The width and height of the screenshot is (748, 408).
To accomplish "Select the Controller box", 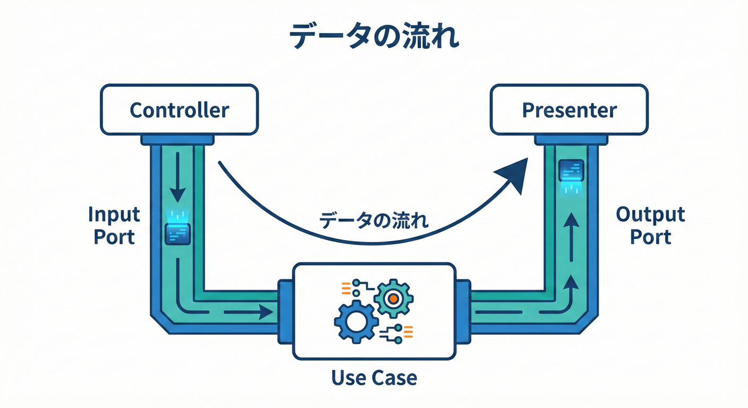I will [x=179, y=110].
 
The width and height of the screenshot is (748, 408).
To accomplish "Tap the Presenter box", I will [x=569, y=110].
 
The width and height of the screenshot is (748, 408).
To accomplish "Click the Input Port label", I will [x=114, y=226].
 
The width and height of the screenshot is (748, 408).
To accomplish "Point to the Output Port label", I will [x=650, y=226].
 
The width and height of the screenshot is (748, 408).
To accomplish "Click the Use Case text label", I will [x=374, y=378].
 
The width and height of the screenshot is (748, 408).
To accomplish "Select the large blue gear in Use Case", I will [x=356, y=320].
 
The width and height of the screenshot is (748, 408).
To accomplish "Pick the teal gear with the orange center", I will [x=393, y=299].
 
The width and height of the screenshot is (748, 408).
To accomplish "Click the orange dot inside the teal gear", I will [x=393, y=299].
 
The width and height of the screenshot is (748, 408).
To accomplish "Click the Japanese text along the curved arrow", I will [x=374, y=220].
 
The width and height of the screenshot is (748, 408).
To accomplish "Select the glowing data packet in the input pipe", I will [x=176, y=233].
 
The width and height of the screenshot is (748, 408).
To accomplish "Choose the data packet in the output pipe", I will [x=571, y=171].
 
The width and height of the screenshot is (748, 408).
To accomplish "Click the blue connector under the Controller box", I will [x=177, y=140].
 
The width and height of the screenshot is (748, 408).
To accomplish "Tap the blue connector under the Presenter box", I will [x=571, y=140].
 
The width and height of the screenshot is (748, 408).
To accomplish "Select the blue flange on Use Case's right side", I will [x=463, y=311].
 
